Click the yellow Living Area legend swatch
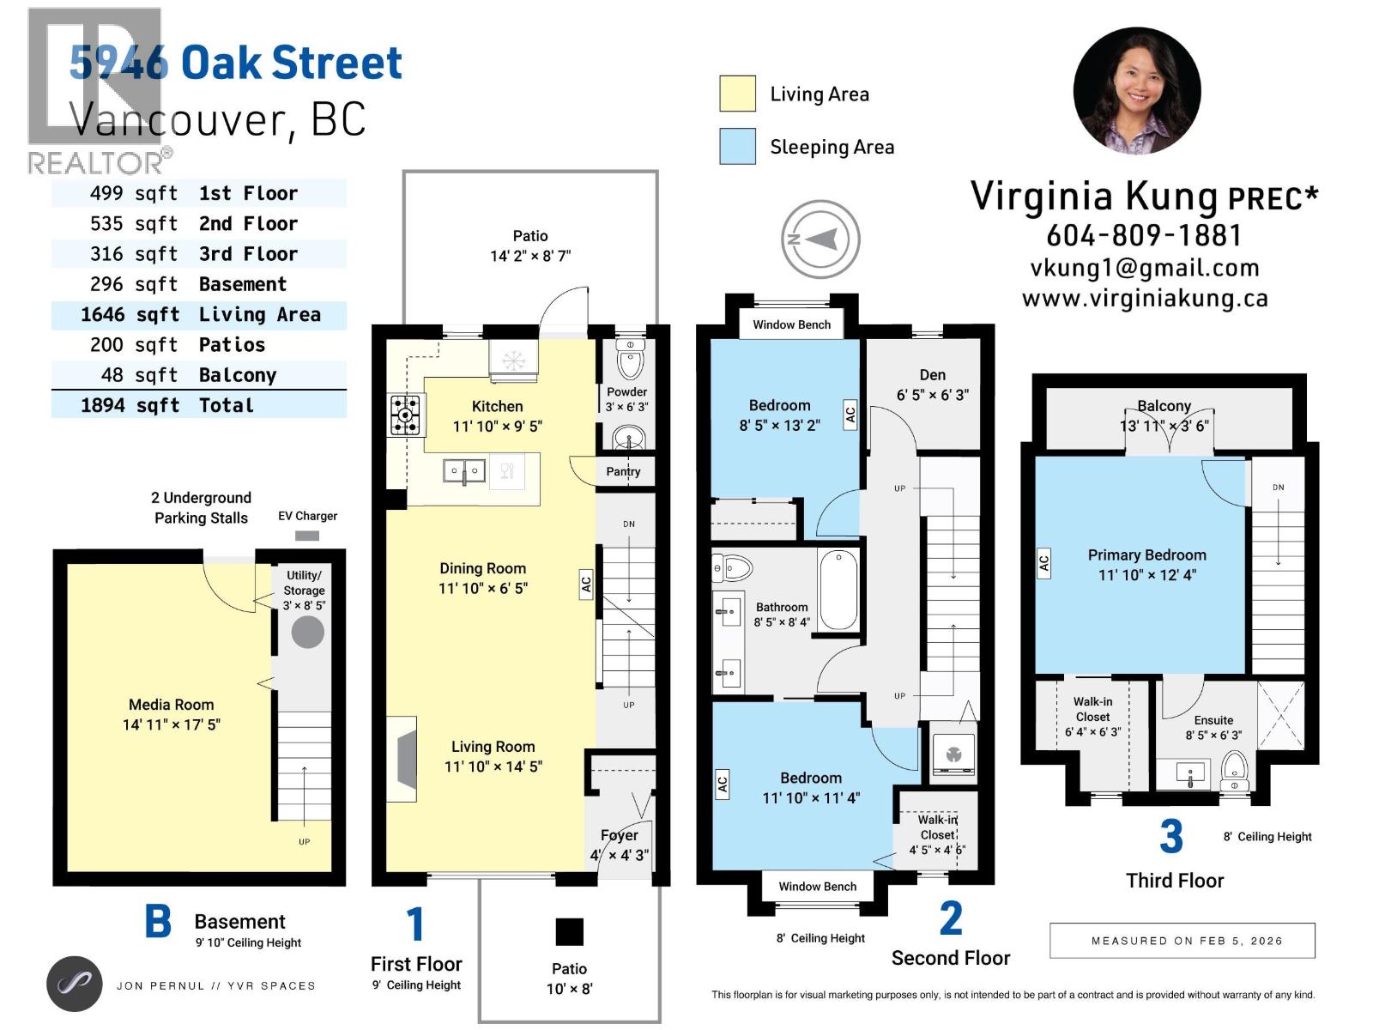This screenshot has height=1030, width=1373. tap(737, 94)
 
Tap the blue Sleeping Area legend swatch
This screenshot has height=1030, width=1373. tap(737, 146)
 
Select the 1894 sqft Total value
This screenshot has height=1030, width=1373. tap(130, 405)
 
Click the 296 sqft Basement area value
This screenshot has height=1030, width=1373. tap(134, 284)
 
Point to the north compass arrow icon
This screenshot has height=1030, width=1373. tap(820, 239)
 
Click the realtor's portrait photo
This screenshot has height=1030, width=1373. tap(1136, 91)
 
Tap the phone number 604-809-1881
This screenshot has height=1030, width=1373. tap(1144, 235)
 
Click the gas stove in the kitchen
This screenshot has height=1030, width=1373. tap(406, 415)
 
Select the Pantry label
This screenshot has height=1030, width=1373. tap(623, 471)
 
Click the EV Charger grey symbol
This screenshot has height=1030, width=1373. tap(306, 536)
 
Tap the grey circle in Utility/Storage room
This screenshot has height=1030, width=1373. tap(307, 632)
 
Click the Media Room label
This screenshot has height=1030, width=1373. tap(171, 705)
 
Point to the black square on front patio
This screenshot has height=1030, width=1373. tap(569, 931)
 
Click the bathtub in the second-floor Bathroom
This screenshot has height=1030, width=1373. tap(838, 591)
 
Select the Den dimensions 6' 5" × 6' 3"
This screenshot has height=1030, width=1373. tap(932, 395)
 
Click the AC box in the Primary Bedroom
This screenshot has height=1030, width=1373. tap(1043, 564)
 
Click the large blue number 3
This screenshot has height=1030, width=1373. tap(1170, 836)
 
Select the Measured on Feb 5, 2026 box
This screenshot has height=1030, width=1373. tap(1182, 941)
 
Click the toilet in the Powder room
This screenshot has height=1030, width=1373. tap(630, 360)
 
